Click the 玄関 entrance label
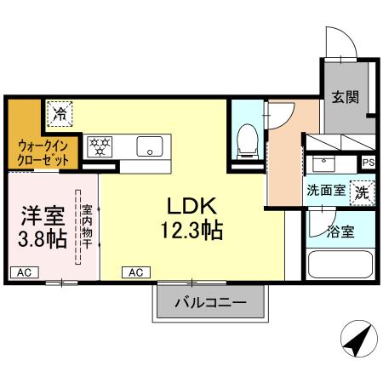pyautogui.click(x=345, y=98)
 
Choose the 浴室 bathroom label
pyautogui.click(x=342, y=230)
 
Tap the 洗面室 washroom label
pyautogui.click(x=327, y=191)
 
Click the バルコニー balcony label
pyautogui.click(x=211, y=302)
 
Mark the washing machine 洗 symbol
pyautogui.click(x=363, y=191)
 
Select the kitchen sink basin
pyautogui.click(x=150, y=145)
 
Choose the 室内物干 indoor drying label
pyautogui.click(x=86, y=226)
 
